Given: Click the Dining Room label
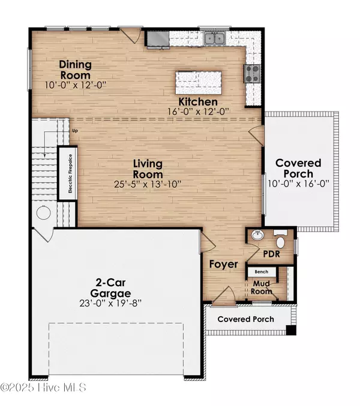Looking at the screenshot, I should [x=74, y=70].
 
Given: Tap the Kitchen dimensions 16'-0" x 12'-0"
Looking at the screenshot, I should [x=199, y=112].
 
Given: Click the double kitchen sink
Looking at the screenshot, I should [x=213, y=39].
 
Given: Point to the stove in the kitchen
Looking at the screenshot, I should [x=250, y=74].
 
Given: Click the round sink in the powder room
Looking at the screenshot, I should [x=257, y=236].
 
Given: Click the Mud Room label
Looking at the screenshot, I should [x=261, y=287].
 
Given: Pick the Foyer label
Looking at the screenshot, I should [x=223, y=264].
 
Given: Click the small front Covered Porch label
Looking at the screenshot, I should [x=245, y=319].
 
